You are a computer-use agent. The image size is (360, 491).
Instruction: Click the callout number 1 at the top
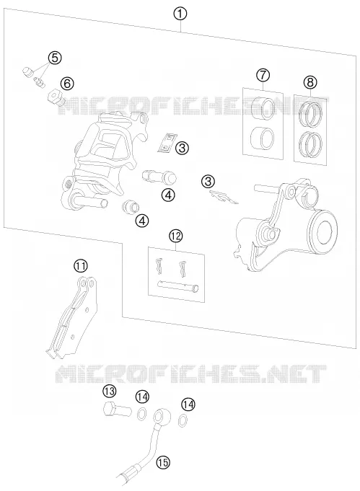click(x=181, y=14)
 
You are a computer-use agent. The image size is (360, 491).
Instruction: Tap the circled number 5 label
click(x=55, y=58)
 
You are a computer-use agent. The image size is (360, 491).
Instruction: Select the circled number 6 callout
click(x=67, y=84)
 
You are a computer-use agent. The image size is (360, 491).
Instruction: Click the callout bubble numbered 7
click(x=263, y=75)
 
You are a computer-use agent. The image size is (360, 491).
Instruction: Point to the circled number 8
click(x=310, y=82)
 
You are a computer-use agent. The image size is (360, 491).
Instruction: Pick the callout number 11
click(x=81, y=266)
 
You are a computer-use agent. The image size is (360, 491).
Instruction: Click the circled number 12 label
click(x=175, y=236)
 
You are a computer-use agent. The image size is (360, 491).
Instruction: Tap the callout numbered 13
click(x=109, y=391)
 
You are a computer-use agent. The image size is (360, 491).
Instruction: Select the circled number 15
click(x=163, y=462)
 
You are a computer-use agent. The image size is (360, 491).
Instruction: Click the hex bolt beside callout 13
click(x=117, y=410)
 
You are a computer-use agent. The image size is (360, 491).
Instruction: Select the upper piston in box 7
click(x=263, y=108)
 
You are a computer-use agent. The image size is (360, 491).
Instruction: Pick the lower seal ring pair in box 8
click(x=310, y=143)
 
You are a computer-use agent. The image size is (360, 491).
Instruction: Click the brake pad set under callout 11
click(x=72, y=317)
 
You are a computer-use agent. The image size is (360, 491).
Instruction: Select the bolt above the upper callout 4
click(x=159, y=177)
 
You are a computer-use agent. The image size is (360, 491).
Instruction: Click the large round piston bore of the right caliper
click(x=322, y=230)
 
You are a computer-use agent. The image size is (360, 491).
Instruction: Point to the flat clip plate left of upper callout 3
click(x=167, y=143)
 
